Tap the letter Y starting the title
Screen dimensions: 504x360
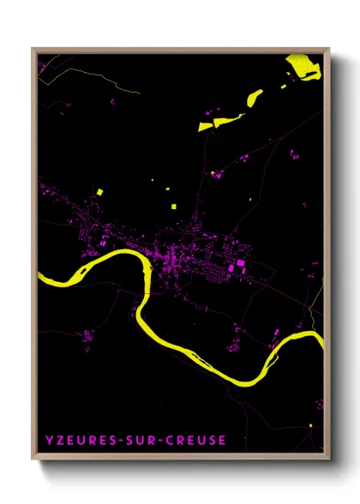click(48, 441)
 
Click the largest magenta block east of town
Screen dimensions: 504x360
click(240, 264)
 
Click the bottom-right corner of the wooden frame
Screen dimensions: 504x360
click(329, 460)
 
